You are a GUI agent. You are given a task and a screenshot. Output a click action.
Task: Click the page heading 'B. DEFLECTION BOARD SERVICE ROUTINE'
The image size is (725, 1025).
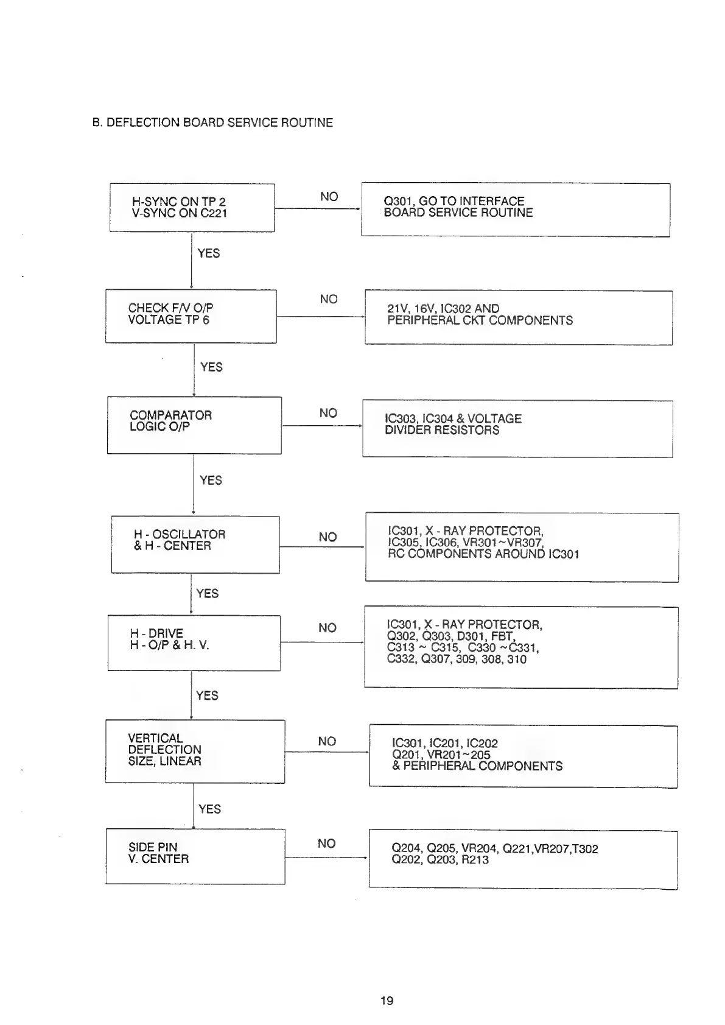pyautogui.click(x=212, y=122)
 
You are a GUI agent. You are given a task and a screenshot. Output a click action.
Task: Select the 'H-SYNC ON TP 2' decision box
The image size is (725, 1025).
pyautogui.click(x=192, y=207)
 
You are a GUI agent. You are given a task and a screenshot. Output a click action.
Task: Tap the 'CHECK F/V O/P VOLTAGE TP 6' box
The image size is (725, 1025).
pyautogui.click(x=191, y=315)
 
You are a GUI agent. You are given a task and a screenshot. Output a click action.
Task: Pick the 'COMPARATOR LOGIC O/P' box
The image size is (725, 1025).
pyautogui.click(x=194, y=424)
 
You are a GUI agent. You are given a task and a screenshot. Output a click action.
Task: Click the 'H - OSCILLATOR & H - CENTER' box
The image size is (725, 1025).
pyautogui.click(x=195, y=544)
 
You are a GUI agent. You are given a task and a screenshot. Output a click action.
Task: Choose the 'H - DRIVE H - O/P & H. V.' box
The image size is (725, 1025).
pyautogui.click(x=194, y=643)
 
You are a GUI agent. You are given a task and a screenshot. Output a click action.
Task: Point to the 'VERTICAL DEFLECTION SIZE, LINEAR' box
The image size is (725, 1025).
pyautogui.click(x=195, y=751)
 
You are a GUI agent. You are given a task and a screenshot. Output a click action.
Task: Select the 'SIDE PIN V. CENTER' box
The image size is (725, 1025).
pyautogui.click(x=195, y=856)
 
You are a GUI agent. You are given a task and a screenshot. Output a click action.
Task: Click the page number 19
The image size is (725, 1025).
pyautogui.click(x=387, y=1000)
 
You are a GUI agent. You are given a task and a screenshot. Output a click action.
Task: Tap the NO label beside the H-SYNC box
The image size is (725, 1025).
pyautogui.click(x=329, y=197)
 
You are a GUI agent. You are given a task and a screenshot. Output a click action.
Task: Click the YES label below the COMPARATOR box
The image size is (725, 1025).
pyautogui.click(x=211, y=481)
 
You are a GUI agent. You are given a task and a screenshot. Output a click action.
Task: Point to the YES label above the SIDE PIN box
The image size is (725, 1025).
pyautogui.click(x=209, y=809)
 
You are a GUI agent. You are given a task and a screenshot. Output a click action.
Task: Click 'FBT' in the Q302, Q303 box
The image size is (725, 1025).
pyautogui.click(x=502, y=636)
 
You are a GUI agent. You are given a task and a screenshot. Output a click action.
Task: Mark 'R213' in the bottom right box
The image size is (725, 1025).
pyautogui.click(x=474, y=860)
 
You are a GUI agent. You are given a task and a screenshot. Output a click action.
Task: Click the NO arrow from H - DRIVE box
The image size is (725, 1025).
pyautogui.click(x=321, y=642)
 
